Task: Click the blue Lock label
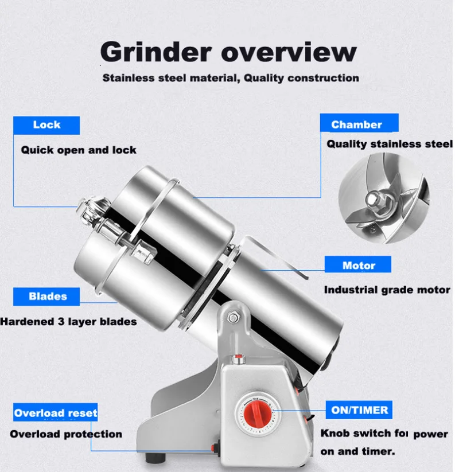pos(46,125)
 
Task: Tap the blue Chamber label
pos(356,124)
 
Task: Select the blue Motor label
pos(358,265)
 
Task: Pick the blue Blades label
pos(48,297)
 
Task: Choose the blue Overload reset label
pos(56,413)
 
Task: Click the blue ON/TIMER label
pos(360,409)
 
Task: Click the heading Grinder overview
pos(228,52)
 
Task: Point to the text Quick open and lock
pos(79,150)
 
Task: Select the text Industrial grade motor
pos(387,290)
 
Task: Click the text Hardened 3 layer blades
pos(69,322)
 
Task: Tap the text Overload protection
pos(66,434)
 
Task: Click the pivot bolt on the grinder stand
pos(233,318)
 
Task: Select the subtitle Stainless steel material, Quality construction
pos(231,78)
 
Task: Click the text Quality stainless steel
pos(390,144)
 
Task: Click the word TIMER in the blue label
pos(372,409)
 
